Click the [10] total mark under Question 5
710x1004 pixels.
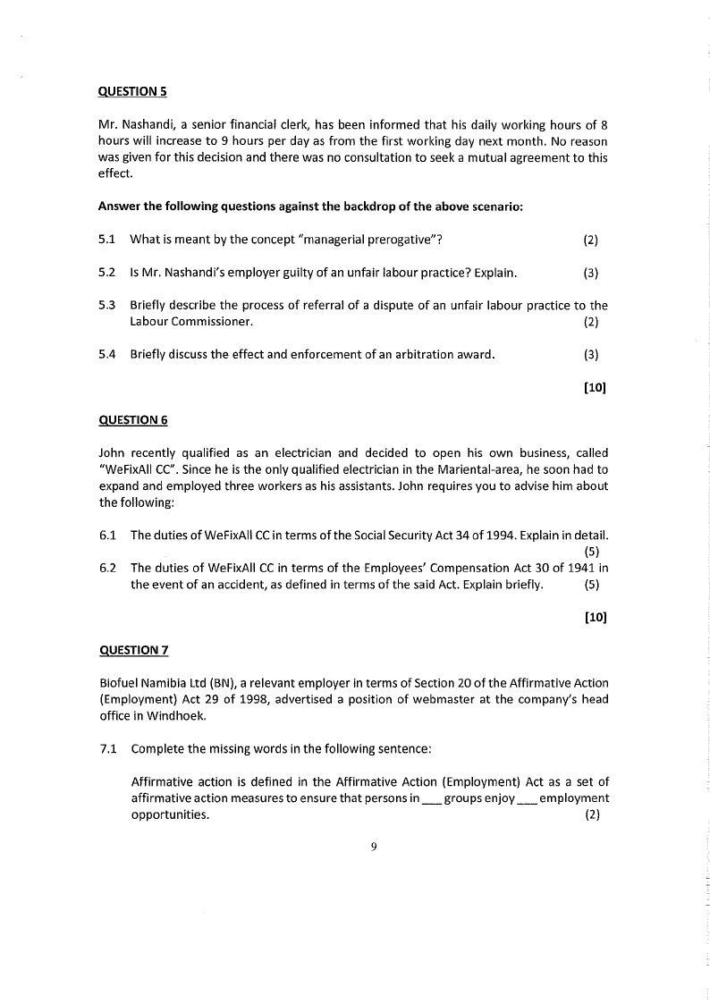596,387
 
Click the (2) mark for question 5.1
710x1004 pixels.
590,240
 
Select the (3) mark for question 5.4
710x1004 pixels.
590,354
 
